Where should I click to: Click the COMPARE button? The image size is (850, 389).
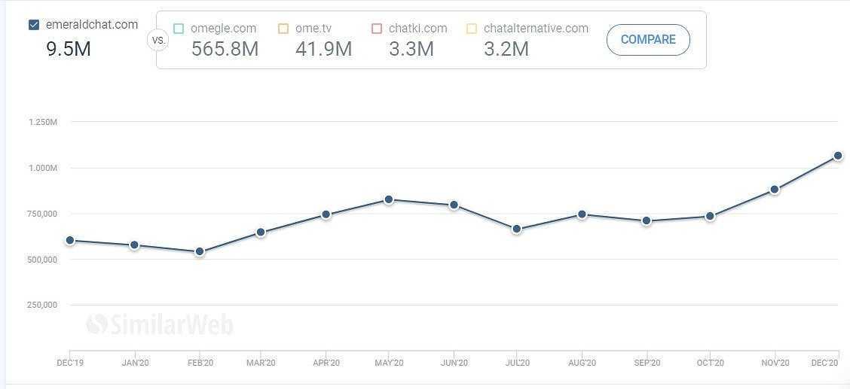(x=648, y=40)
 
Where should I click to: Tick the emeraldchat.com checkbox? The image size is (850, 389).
(x=34, y=25)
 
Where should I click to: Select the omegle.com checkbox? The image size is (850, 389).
(x=179, y=29)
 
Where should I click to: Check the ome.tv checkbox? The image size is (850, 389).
(x=283, y=29)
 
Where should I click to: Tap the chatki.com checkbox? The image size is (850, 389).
(x=377, y=29)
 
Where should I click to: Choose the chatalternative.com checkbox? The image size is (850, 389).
(x=472, y=29)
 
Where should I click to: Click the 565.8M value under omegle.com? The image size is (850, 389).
(x=225, y=49)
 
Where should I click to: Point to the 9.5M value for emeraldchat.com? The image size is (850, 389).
(x=69, y=49)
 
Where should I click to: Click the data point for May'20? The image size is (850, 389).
(x=389, y=199)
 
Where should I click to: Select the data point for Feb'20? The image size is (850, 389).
(x=200, y=251)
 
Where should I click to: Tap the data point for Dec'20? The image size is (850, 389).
(x=838, y=156)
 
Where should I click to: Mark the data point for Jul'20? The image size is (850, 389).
(x=517, y=229)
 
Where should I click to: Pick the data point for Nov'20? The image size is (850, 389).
(x=775, y=190)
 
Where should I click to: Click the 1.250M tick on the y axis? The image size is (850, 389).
(x=43, y=122)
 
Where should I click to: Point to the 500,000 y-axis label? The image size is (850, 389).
(x=43, y=260)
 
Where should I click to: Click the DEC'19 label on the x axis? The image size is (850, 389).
(x=70, y=363)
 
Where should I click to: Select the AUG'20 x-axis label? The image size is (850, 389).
(x=582, y=363)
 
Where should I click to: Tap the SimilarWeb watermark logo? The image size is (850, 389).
(x=160, y=324)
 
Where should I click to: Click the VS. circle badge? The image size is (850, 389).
(x=158, y=40)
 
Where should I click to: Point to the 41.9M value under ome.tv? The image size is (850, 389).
(x=323, y=49)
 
